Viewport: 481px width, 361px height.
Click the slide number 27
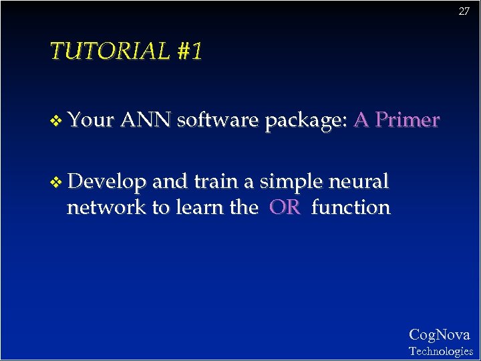tap(464, 11)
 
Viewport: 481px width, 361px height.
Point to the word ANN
tap(147, 120)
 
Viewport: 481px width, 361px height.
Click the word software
tap(218, 120)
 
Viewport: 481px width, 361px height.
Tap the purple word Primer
tap(407, 120)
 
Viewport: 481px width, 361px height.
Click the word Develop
tap(108, 182)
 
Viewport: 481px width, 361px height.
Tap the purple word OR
tap(285, 207)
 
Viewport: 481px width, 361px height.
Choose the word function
tap(351, 207)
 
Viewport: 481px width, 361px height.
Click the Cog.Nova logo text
tap(440, 334)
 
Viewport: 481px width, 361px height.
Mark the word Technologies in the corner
tap(440, 351)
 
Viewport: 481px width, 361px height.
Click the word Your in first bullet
tap(92, 120)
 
